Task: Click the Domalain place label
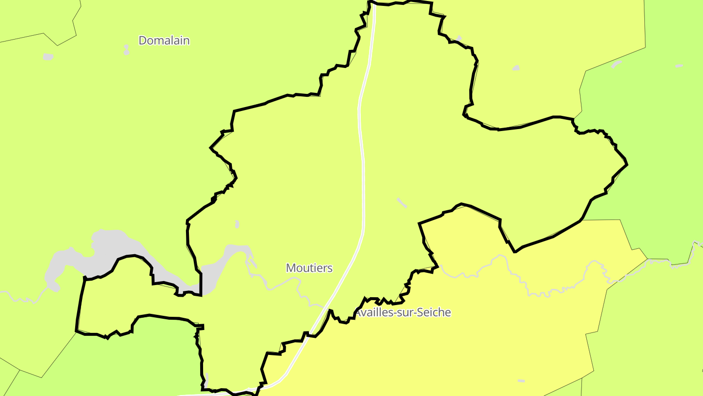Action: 164,41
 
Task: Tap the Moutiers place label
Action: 309,268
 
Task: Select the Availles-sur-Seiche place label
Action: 402,312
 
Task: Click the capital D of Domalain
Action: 143,41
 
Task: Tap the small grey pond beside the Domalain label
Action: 126,50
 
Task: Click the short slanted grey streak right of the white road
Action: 402,203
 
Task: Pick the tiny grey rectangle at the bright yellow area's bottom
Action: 521,380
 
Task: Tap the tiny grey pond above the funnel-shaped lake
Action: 237,224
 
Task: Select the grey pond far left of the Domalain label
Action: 47,57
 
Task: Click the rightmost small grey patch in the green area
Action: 679,66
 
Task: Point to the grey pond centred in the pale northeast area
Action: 516,68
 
